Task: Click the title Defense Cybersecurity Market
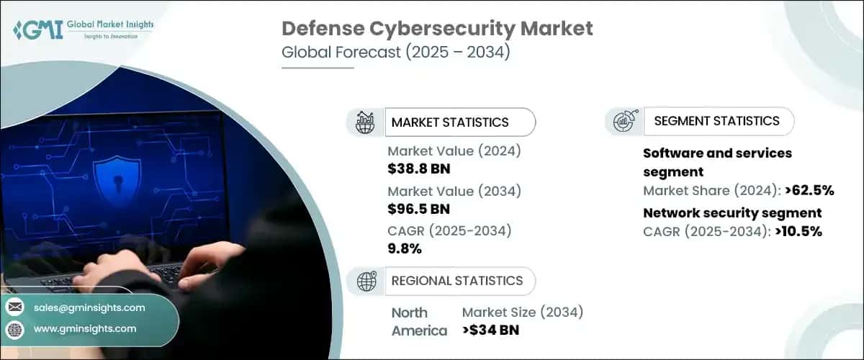(x=438, y=29)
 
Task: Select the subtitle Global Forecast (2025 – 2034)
(x=395, y=53)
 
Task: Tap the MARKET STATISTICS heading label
(x=449, y=122)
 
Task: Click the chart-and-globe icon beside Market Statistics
(x=365, y=122)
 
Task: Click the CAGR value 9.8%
(x=405, y=249)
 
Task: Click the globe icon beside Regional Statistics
(x=365, y=281)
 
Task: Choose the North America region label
(x=419, y=322)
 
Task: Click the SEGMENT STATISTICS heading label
(x=716, y=121)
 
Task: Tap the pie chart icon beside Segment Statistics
(x=623, y=122)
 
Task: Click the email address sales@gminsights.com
(x=89, y=307)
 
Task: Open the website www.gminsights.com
(x=85, y=328)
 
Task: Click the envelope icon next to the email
(x=15, y=307)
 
